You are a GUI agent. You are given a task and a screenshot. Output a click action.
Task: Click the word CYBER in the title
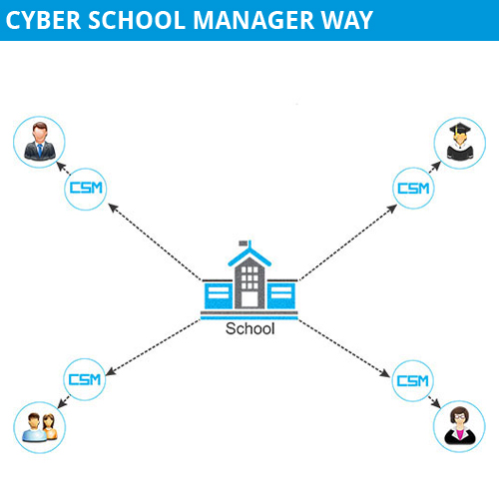pyautogui.click(x=43, y=21)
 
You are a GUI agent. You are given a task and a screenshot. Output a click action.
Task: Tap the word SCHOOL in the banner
pyautogui.click(x=137, y=21)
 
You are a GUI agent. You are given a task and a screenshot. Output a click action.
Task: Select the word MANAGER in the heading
pyautogui.click(x=253, y=21)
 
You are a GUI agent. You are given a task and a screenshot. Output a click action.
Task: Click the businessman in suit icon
pyautogui.click(x=40, y=142)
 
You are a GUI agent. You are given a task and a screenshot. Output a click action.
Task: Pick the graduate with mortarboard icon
pyautogui.click(x=460, y=141)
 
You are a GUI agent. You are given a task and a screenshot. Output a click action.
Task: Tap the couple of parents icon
pyautogui.click(x=40, y=427)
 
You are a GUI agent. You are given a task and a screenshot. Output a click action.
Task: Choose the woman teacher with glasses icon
pyautogui.click(x=460, y=425)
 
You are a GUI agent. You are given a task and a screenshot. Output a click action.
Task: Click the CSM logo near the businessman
pyautogui.click(x=86, y=189)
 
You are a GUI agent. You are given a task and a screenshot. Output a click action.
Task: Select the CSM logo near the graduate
pyautogui.click(x=413, y=189)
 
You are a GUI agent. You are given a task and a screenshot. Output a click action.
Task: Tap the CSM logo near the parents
pyautogui.click(x=85, y=379)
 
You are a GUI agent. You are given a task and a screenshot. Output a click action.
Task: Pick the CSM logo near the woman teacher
pyautogui.click(x=413, y=381)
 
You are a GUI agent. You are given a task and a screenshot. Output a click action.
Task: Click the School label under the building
pyautogui.click(x=250, y=328)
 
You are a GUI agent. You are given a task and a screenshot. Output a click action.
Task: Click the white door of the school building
pyautogui.click(x=249, y=299)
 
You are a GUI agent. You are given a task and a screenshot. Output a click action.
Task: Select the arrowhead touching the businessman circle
pyautogui.click(x=61, y=166)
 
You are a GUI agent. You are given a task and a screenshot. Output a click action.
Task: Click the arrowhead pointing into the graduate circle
pyautogui.click(x=436, y=166)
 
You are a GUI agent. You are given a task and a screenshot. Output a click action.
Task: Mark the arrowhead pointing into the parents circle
pyautogui.click(x=62, y=403)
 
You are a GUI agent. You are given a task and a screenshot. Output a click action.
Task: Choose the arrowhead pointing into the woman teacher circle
pyautogui.click(x=436, y=403)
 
